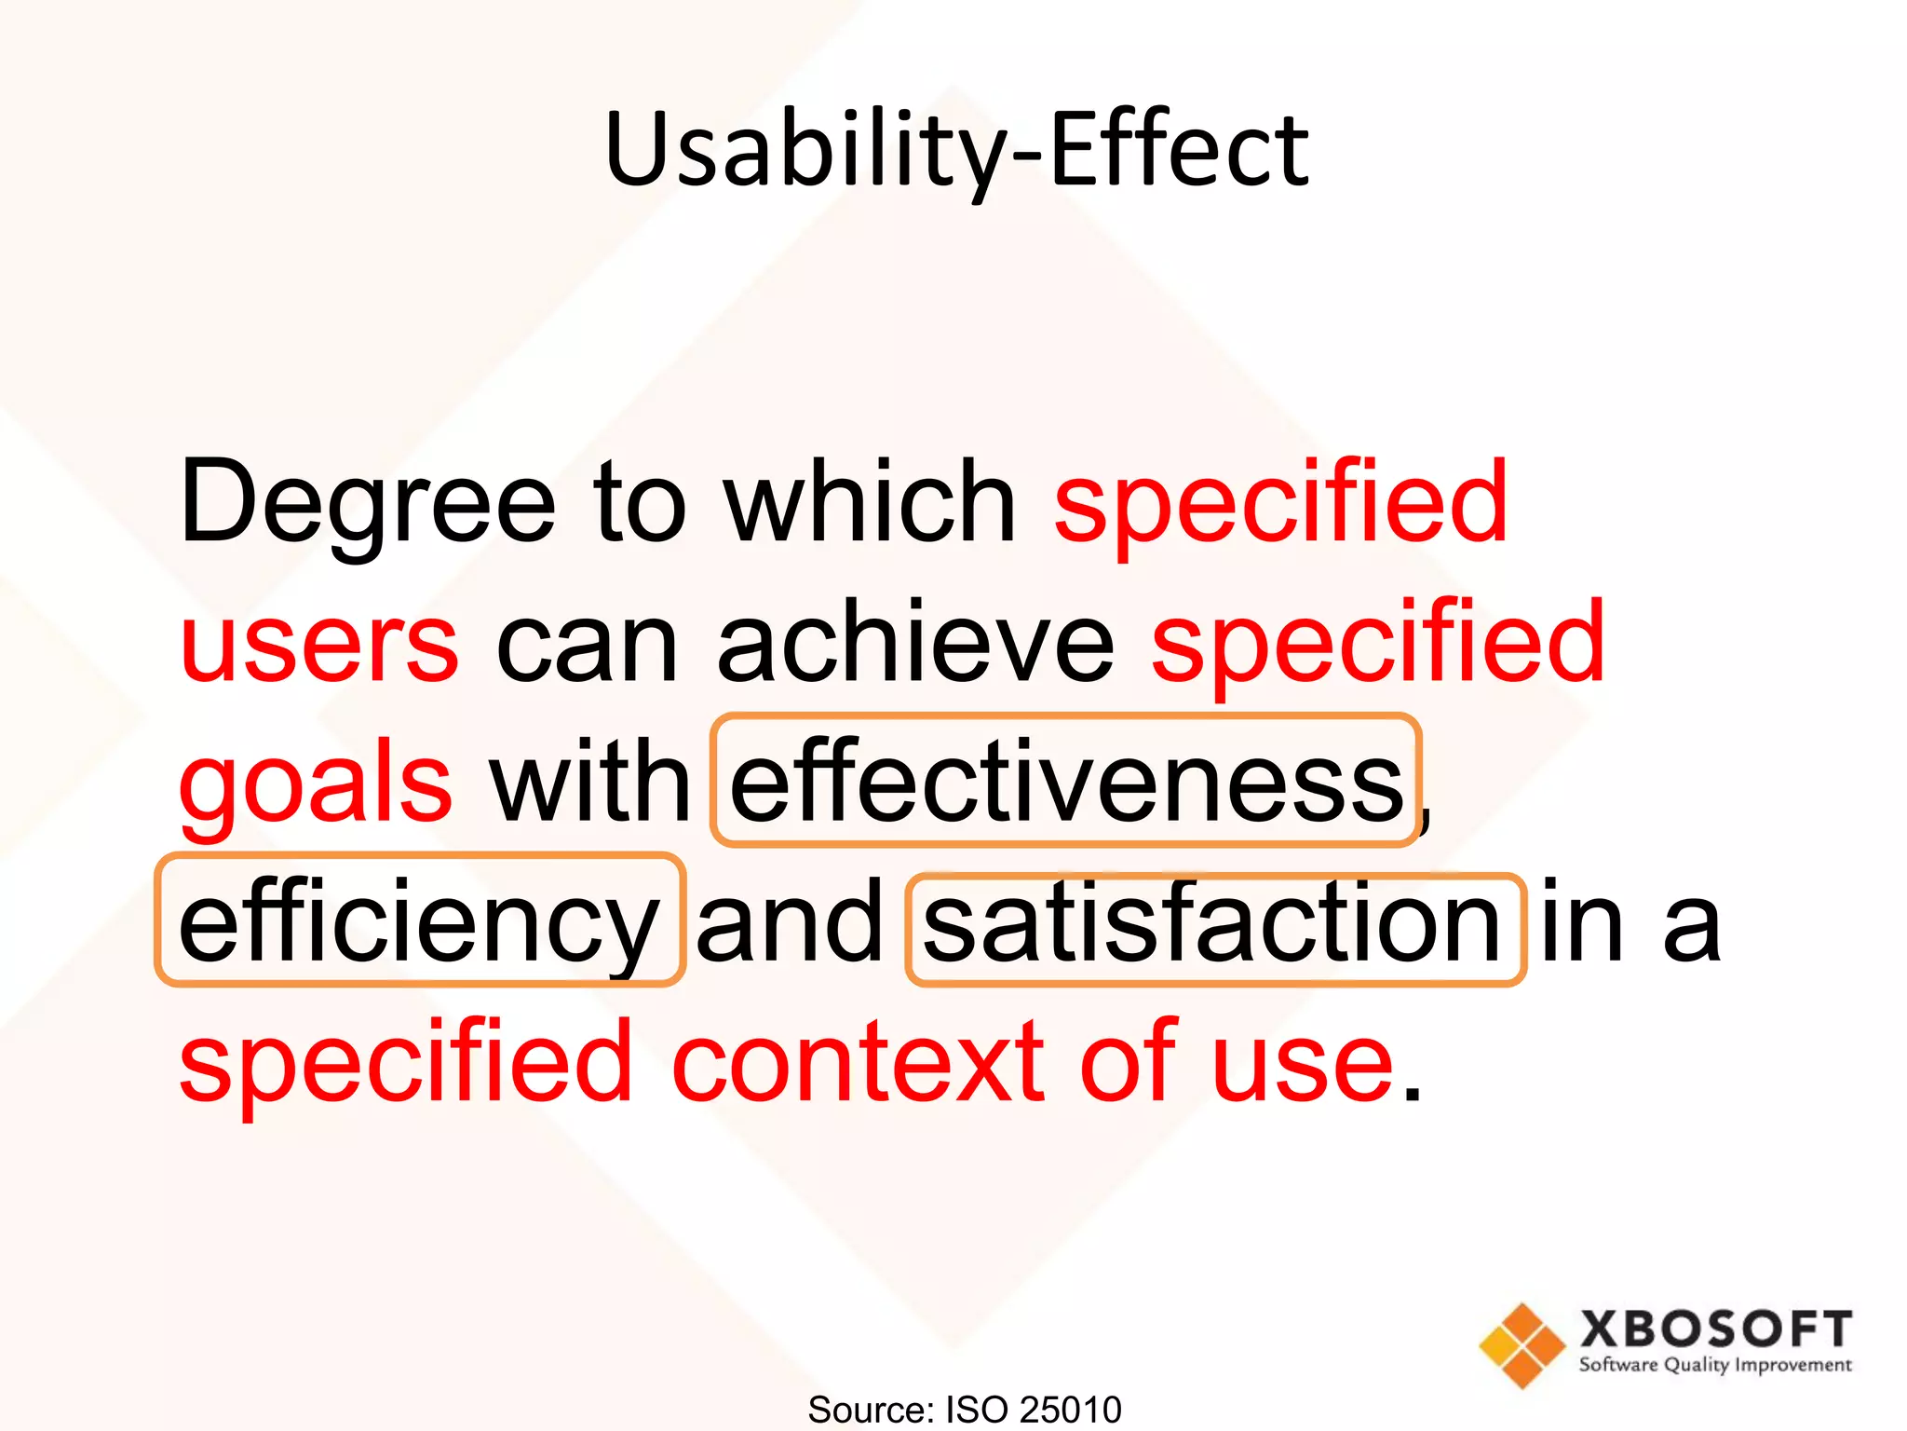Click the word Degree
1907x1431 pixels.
[x=367, y=503]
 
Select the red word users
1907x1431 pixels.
[x=319, y=643]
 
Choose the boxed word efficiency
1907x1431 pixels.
[x=419, y=922]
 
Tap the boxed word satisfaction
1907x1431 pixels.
[x=1212, y=922]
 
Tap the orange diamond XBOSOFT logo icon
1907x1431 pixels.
[x=1522, y=1345]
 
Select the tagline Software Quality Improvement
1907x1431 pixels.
[x=1715, y=1366]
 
